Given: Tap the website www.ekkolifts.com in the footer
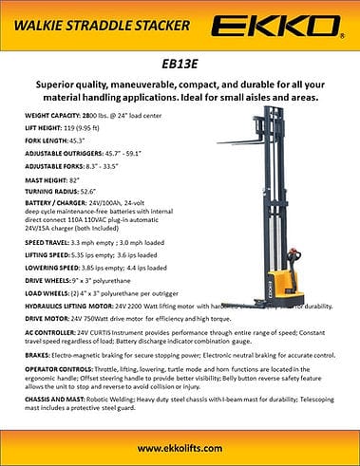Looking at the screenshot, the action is [180, 446].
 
